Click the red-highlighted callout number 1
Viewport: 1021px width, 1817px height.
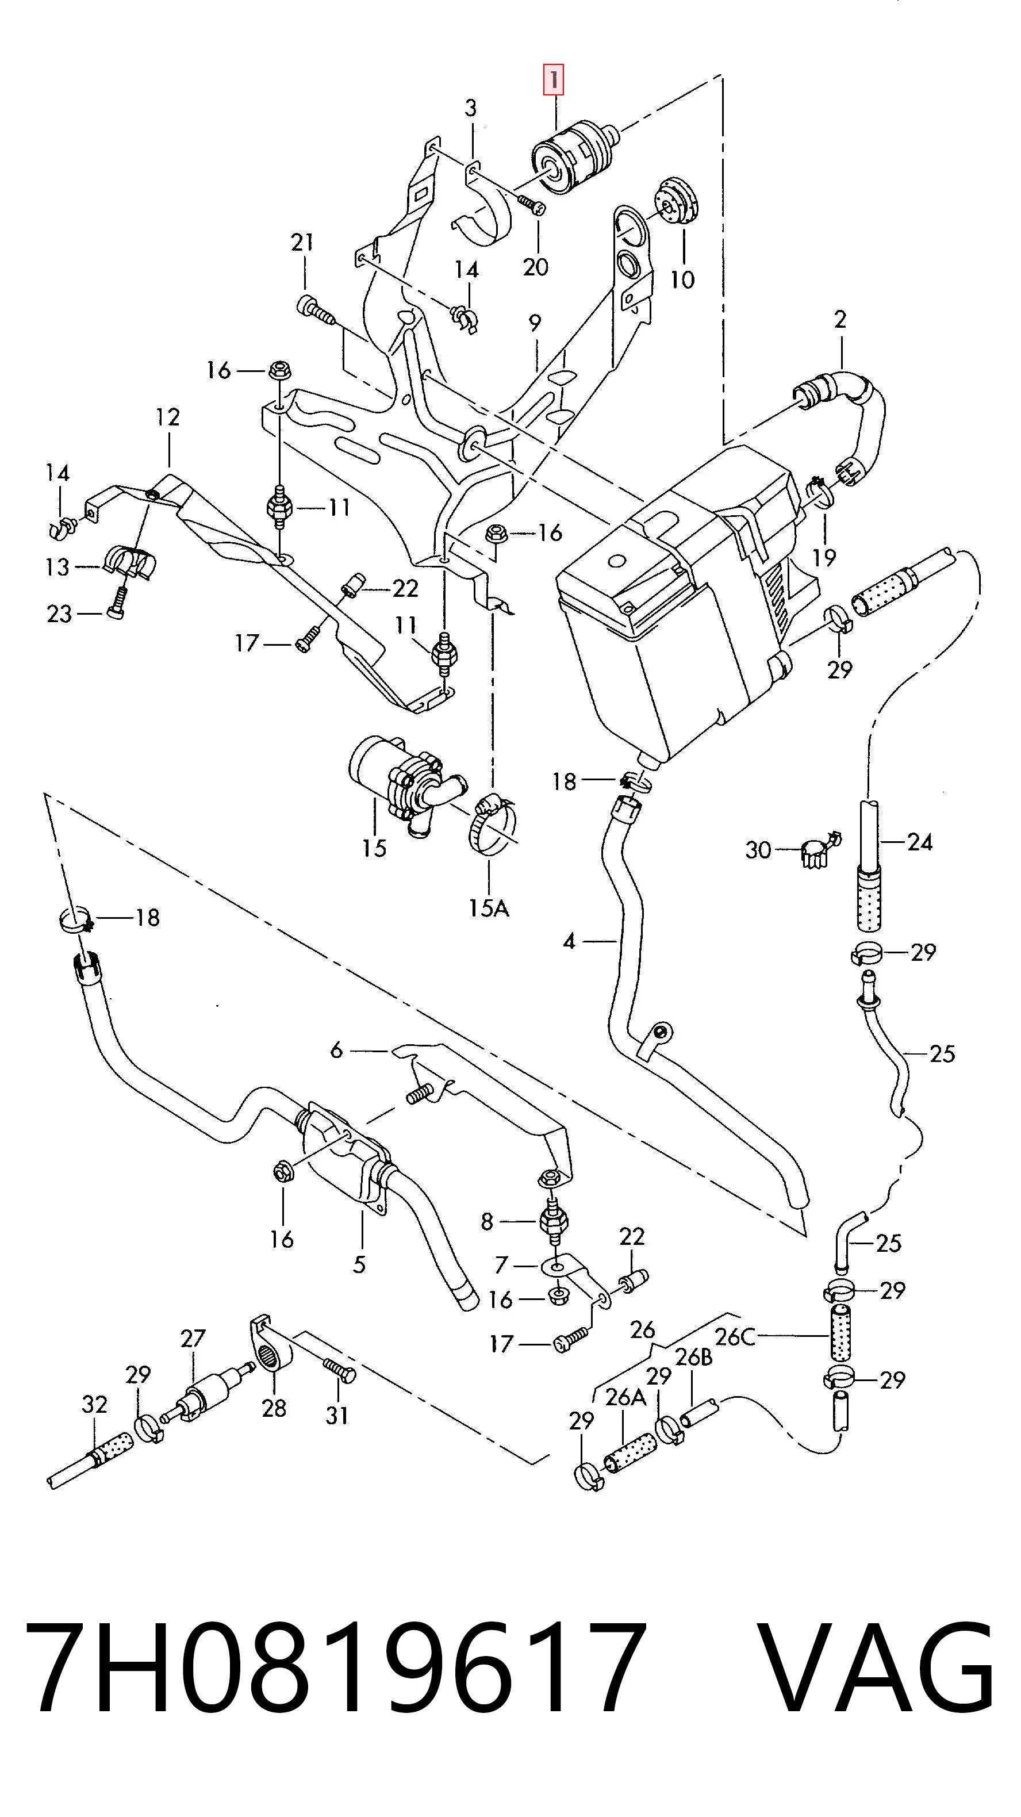point(554,80)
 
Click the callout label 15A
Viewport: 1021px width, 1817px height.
point(489,908)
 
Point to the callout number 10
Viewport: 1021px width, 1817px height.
point(682,279)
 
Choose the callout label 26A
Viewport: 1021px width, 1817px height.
point(625,1397)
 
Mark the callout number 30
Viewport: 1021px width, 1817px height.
point(759,850)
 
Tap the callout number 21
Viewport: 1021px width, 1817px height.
point(302,243)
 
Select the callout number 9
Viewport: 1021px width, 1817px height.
point(535,323)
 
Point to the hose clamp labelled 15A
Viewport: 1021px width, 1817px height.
point(494,824)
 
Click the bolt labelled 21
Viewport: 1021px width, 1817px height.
point(314,310)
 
